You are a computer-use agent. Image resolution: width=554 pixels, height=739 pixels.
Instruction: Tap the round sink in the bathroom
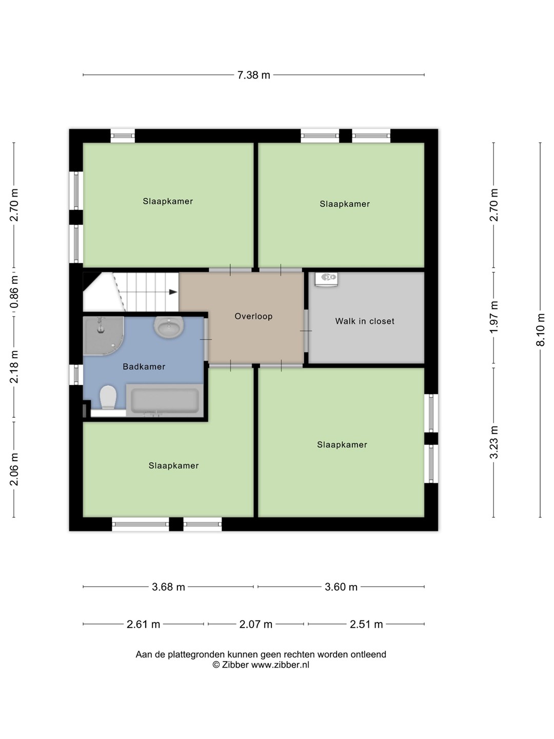[169, 327]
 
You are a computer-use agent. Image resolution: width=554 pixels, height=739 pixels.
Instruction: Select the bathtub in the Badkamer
[165, 400]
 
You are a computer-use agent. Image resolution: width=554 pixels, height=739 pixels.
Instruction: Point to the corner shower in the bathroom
[103, 335]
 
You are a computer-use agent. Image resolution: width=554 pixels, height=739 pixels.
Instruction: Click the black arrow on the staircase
[173, 292]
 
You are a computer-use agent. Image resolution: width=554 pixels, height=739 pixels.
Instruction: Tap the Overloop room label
[253, 316]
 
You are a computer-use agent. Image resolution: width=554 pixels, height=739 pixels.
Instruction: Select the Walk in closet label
[365, 321]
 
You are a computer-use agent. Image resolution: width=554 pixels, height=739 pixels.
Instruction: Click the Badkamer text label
[144, 366]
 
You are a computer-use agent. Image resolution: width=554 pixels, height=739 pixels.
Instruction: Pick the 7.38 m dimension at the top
[253, 75]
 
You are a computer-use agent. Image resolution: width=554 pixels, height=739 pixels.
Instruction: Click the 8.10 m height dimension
[540, 329]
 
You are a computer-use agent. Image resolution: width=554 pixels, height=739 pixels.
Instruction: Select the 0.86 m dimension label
[14, 292]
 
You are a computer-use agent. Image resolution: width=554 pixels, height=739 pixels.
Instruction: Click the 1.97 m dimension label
[493, 317]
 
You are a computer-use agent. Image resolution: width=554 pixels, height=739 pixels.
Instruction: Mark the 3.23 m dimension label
[493, 442]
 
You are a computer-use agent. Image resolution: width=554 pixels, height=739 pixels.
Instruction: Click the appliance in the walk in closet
[326, 279]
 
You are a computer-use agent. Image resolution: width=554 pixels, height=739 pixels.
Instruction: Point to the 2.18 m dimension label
[14, 366]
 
